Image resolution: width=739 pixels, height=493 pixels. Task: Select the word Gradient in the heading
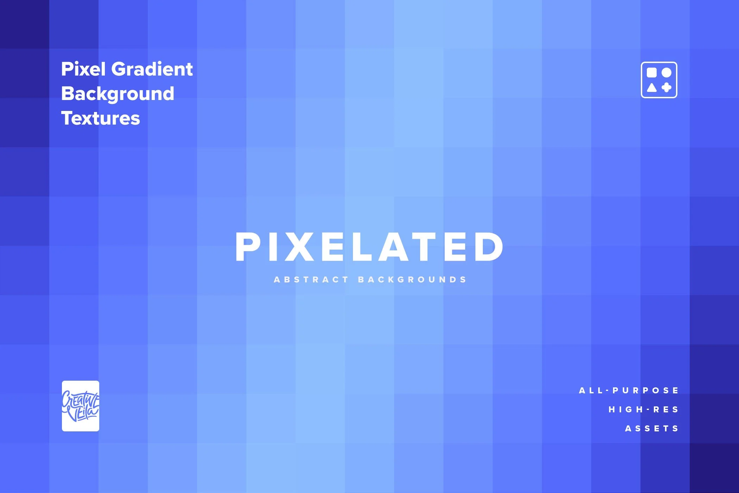(x=152, y=69)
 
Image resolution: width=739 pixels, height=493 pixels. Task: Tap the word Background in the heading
(x=118, y=94)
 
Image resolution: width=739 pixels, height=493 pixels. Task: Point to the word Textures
(x=100, y=118)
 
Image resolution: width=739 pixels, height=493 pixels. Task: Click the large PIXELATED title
(x=369, y=247)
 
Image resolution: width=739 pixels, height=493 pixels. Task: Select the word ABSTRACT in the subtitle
(x=311, y=280)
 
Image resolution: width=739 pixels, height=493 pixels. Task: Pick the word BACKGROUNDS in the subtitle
(x=412, y=280)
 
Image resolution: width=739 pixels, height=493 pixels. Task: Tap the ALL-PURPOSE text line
(x=629, y=391)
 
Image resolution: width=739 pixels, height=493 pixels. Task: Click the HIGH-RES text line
(x=644, y=410)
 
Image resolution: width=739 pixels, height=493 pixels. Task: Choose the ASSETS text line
(x=652, y=429)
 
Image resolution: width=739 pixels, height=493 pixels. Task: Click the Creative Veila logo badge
(x=81, y=406)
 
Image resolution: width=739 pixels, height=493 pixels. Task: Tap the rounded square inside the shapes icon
(x=652, y=73)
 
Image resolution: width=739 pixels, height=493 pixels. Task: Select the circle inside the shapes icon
(x=667, y=73)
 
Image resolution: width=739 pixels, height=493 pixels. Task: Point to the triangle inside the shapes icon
(x=652, y=87)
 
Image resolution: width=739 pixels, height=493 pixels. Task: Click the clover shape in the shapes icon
(x=667, y=87)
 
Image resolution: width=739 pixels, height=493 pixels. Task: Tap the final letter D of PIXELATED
(x=489, y=247)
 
